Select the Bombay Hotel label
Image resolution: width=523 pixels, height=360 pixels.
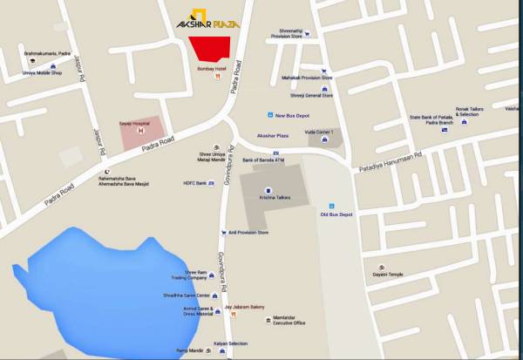click(212, 68)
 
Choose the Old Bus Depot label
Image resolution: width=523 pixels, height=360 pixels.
click(336, 214)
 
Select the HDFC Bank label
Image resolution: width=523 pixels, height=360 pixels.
click(194, 184)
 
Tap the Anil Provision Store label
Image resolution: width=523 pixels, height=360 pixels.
click(250, 233)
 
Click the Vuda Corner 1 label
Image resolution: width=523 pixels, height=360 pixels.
click(319, 131)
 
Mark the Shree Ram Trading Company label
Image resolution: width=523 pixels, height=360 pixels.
click(188, 275)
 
